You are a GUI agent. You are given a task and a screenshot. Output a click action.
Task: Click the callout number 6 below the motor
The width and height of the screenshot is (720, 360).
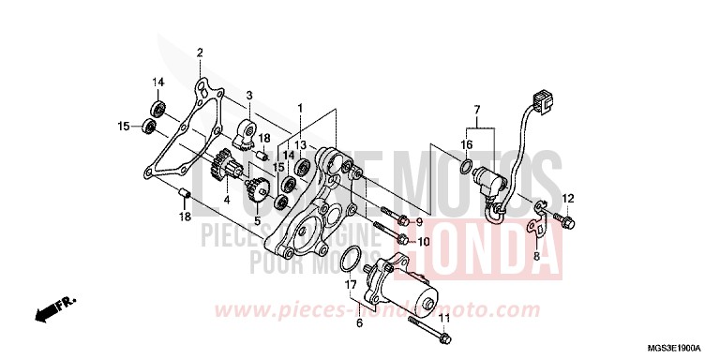pyautogui.click(x=358, y=322)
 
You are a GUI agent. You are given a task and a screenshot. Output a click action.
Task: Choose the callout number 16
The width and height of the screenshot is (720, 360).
pyautogui.click(x=466, y=145)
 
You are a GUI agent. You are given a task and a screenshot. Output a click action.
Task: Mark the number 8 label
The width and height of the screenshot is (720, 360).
pyautogui.click(x=536, y=255)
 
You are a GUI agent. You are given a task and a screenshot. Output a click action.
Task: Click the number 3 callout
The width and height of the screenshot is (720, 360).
pyautogui.click(x=249, y=97)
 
